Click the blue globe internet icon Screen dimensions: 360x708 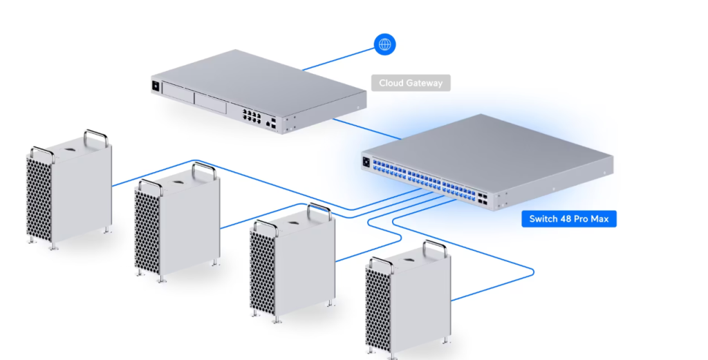click(x=385, y=45)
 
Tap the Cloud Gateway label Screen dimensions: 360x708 click(x=411, y=83)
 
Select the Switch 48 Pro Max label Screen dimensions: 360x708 click(x=568, y=219)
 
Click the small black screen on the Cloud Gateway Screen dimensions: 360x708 click(x=156, y=86)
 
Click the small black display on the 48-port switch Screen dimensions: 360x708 click(x=366, y=162)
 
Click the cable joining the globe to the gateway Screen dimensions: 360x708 click(x=339, y=59)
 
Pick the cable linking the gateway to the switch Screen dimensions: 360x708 click(x=366, y=130)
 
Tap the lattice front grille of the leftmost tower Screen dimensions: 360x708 click(x=39, y=198)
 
